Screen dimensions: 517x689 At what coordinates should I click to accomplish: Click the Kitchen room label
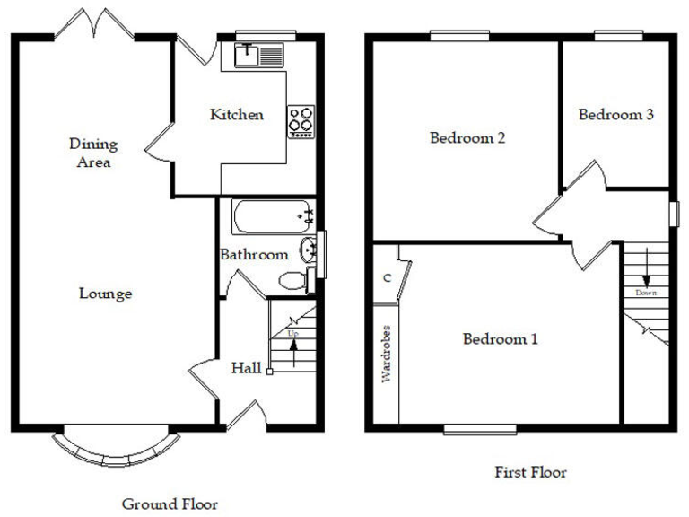237,115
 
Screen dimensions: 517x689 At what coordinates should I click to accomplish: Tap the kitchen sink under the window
258,56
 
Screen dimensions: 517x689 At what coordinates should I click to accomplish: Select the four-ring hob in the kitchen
301,121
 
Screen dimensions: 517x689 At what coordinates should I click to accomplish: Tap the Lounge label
105,294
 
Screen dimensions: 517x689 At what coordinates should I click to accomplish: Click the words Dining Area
93,153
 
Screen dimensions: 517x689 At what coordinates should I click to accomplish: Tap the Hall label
246,368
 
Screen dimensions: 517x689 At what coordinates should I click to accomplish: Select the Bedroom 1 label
500,339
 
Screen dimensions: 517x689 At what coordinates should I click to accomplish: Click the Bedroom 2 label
467,138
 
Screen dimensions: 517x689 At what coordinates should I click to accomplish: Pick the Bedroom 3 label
615,115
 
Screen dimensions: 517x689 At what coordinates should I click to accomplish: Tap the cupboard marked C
387,277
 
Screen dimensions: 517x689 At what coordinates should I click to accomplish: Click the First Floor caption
530,471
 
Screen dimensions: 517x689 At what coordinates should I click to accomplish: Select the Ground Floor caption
170,504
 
